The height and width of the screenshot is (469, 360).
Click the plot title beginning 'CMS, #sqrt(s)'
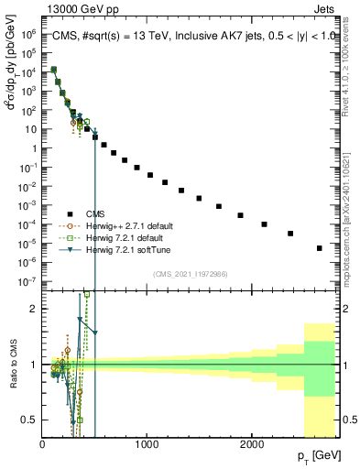tap(190, 35)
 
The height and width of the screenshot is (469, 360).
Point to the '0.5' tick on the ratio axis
tap(28, 420)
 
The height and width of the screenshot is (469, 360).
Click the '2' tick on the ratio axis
tap(33, 309)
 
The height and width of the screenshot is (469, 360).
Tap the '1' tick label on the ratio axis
tap(33, 365)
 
